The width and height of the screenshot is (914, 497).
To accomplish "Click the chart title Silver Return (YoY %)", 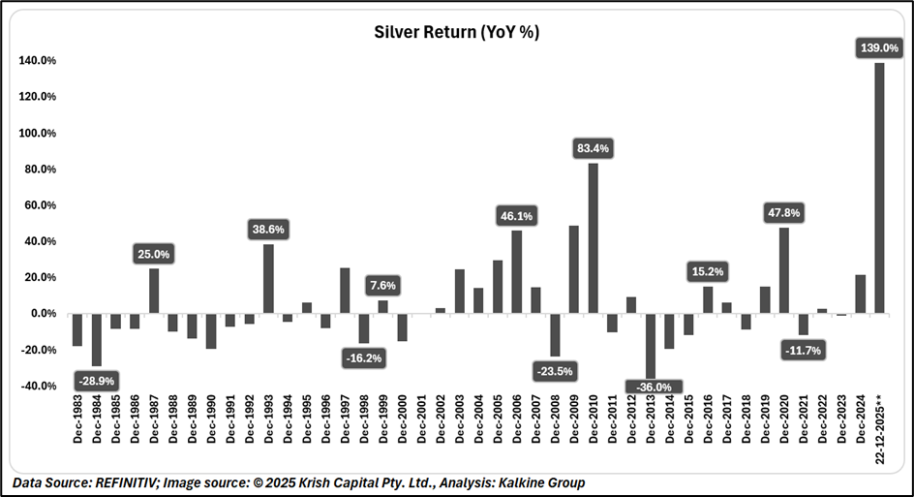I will pyautogui.click(x=457, y=32).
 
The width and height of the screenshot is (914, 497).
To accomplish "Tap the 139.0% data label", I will pyautogui.click(x=879, y=47).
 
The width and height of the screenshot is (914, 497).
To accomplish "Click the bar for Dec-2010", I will pyautogui.click(x=593, y=238).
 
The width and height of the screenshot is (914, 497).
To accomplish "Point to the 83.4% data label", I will pyautogui.click(x=593, y=148).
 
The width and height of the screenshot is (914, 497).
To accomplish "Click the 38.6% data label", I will pyautogui.click(x=268, y=230).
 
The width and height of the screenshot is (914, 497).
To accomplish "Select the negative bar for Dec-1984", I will pyautogui.click(x=96, y=339).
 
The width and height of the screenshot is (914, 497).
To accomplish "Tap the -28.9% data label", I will pyautogui.click(x=96, y=381).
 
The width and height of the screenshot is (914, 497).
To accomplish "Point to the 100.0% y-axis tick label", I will pyautogui.click(x=37, y=133).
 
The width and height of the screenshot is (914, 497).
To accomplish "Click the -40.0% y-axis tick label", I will pyautogui.click(x=37, y=386).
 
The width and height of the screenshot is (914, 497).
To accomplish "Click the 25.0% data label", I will pyautogui.click(x=154, y=254).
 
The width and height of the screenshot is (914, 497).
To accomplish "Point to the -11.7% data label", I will pyautogui.click(x=803, y=350).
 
